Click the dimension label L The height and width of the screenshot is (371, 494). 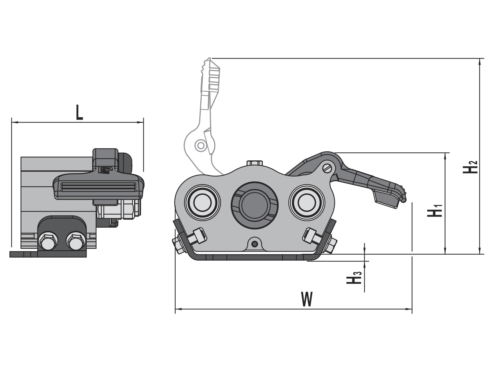point(80,112)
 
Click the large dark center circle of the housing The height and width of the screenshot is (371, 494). point(254,205)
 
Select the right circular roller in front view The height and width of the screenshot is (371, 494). point(307,202)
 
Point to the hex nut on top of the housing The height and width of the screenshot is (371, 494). point(254,163)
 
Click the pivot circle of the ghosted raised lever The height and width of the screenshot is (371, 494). point(201,146)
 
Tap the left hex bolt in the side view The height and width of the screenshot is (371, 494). point(48,241)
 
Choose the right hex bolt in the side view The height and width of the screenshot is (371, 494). point(76,241)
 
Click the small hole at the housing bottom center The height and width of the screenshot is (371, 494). point(254,244)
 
